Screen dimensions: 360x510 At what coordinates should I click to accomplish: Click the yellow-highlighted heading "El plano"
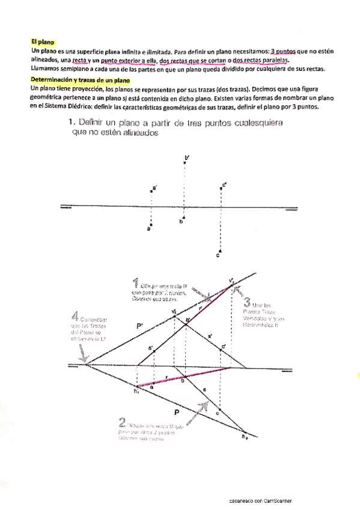pos(43,42)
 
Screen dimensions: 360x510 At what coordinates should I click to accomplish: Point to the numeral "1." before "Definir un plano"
pos(72,123)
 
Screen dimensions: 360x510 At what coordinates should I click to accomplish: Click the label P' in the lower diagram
pos(139,327)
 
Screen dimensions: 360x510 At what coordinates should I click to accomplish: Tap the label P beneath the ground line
pos(177,412)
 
